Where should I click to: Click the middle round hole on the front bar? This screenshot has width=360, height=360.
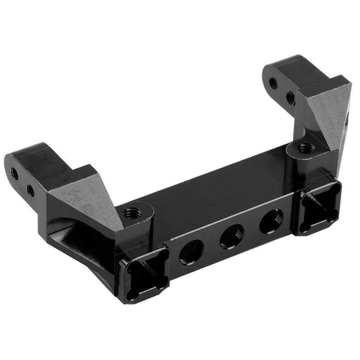pyautogui.click(x=231, y=237)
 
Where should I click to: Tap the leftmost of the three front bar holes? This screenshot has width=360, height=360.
pyautogui.click(x=190, y=253)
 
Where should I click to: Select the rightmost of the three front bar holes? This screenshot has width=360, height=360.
pyautogui.click(x=271, y=220)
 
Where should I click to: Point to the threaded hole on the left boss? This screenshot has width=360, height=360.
pyautogui.click(x=132, y=214)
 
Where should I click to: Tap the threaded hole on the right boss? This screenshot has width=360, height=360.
pyautogui.click(x=305, y=148)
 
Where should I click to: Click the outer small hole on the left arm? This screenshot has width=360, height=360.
pyautogui.click(x=14, y=173)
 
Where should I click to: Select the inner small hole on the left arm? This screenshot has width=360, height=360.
pyautogui.click(x=31, y=190)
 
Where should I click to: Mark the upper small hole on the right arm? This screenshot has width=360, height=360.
pyautogui.click(x=273, y=83)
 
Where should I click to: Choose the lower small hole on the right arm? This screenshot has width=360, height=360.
pyautogui.click(x=290, y=98)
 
